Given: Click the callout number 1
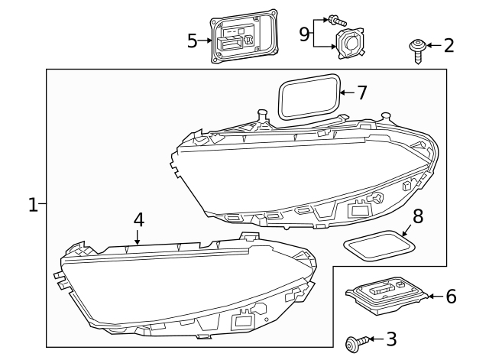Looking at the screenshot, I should [x=33, y=204].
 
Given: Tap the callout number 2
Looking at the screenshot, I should [x=449, y=45].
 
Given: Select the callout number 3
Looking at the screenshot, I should [x=390, y=338].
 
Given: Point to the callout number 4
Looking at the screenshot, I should [x=138, y=219].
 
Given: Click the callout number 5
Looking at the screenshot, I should [x=193, y=40].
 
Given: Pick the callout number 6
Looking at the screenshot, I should [x=451, y=296].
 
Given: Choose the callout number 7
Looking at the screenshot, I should [x=361, y=92].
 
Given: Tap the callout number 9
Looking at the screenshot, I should [x=304, y=34].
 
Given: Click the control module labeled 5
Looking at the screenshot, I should [x=242, y=38].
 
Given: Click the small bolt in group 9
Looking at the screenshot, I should [x=334, y=19].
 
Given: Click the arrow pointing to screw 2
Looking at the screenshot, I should [x=433, y=46].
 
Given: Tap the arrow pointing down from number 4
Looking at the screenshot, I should [x=138, y=237].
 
